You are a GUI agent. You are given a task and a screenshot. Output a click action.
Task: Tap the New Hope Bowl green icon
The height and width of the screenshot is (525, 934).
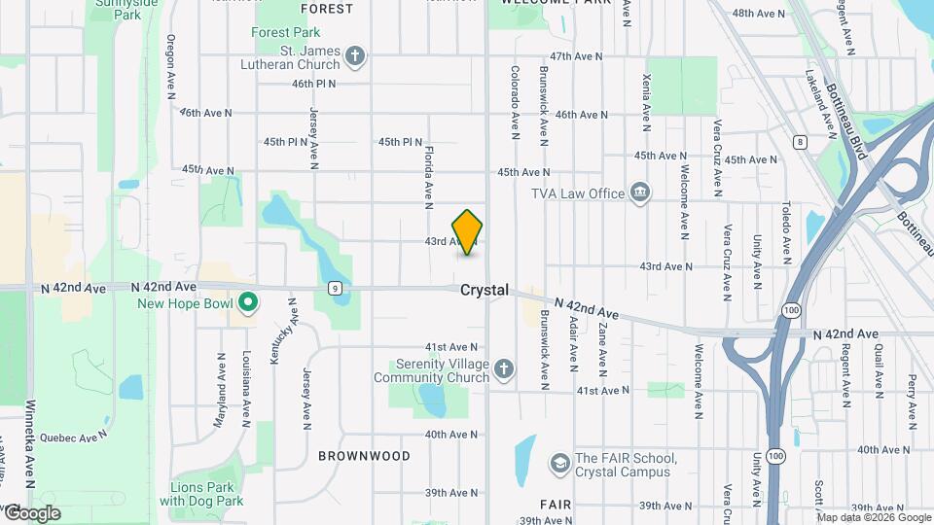pyautogui.click(x=247, y=304)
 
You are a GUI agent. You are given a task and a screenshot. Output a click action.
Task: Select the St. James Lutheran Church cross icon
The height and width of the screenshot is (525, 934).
pyautogui.click(x=356, y=55)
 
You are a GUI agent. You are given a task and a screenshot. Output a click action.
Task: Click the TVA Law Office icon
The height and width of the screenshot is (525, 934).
pyautogui.click(x=640, y=192)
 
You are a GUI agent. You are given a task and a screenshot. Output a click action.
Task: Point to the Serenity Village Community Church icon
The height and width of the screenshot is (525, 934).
pyautogui.click(x=503, y=368)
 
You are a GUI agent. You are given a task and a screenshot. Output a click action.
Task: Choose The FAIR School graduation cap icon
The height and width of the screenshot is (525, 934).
pyautogui.click(x=559, y=465)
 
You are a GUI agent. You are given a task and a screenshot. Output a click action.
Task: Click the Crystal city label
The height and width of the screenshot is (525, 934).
pyautogui.click(x=485, y=290)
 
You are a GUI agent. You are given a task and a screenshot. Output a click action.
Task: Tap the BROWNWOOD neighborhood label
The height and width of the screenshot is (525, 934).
pyautogui.click(x=364, y=455)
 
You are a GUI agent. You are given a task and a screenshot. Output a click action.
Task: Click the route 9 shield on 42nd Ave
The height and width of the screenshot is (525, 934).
pyautogui.click(x=334, y=288)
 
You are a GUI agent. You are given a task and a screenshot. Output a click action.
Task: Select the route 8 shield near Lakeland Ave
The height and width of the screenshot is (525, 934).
pyautogui.click(x=800, y=142)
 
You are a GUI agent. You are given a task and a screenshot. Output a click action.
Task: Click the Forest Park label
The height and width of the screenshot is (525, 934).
pyautogui.click(x=285, y=32)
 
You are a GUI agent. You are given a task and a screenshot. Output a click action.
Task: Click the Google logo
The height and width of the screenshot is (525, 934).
pyautogui.click(x=32, y=512)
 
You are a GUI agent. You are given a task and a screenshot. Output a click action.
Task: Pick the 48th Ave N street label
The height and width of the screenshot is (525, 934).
pyautogui.click(x=758, y=14)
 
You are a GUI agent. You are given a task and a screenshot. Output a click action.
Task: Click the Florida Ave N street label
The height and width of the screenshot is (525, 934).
pyautogui.click(x=428, y=178)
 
